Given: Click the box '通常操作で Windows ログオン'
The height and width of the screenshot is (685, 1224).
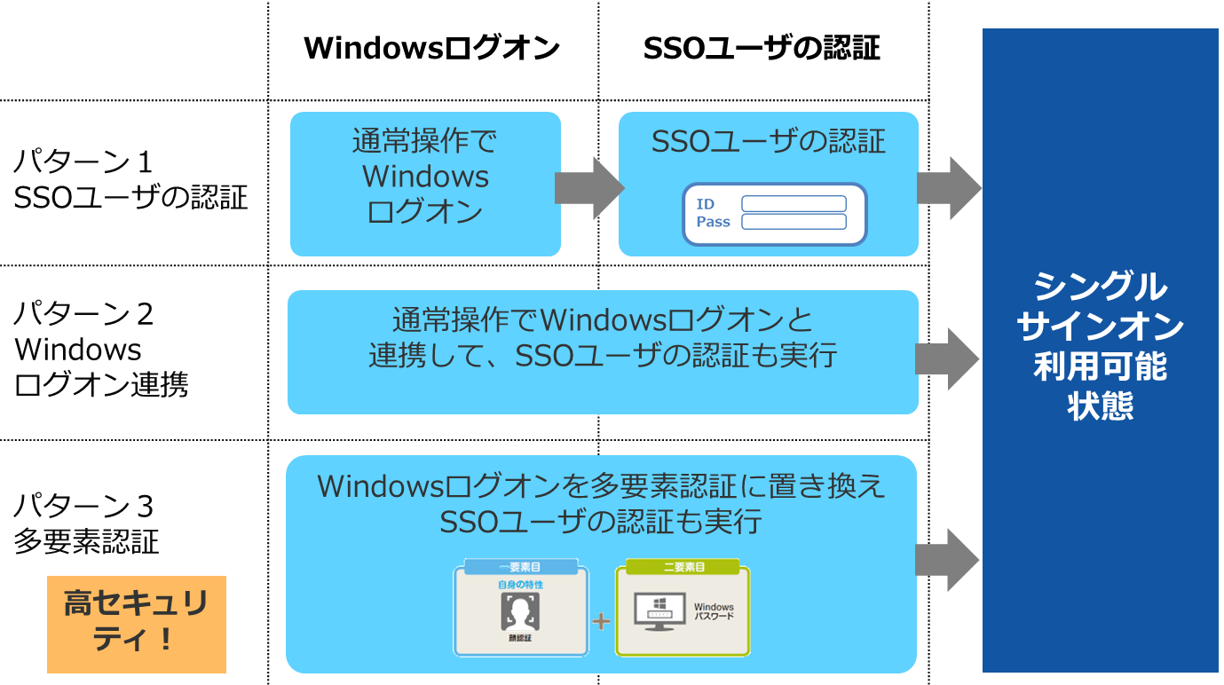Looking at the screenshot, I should click(425, 184).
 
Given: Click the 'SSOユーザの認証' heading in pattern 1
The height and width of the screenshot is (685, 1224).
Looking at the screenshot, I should click(768, 142).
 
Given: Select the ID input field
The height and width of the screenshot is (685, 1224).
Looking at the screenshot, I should click(794, 204).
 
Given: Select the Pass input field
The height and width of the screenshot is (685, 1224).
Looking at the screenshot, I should click(794, 222).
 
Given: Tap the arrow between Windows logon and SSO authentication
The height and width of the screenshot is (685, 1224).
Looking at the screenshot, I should click(589, 188).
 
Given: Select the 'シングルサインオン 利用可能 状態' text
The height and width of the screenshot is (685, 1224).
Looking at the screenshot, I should click(1100, 346).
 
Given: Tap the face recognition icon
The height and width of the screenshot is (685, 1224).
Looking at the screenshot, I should click(520, 611).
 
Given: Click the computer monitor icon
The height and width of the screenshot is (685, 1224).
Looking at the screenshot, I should click(658, 612).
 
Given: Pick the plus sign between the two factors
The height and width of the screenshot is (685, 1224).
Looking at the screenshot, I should click(601, 621).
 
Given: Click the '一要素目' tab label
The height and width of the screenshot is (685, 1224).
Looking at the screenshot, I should click(520, 567).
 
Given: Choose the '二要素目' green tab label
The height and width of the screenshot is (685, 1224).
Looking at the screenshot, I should click(684, 567).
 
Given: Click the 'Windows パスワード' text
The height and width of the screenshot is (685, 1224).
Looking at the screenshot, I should click(713, 611).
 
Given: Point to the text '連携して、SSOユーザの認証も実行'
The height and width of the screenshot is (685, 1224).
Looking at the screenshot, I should click(603, 355).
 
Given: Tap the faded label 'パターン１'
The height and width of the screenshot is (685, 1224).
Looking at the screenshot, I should click(83, 162).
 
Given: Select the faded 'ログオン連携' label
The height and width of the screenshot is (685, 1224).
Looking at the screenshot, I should click(101, 385).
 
